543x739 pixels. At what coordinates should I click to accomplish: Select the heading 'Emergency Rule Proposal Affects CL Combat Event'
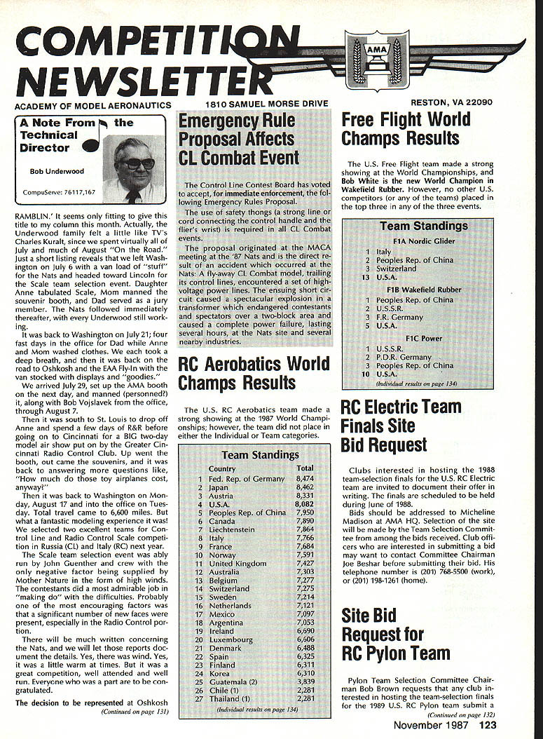coord(239,138)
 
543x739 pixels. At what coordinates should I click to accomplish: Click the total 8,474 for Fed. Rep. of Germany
coord(305,479)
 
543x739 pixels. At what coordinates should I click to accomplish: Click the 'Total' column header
coord(305,468)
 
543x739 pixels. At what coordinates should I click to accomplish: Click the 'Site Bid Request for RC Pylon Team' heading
coord(396,635)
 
